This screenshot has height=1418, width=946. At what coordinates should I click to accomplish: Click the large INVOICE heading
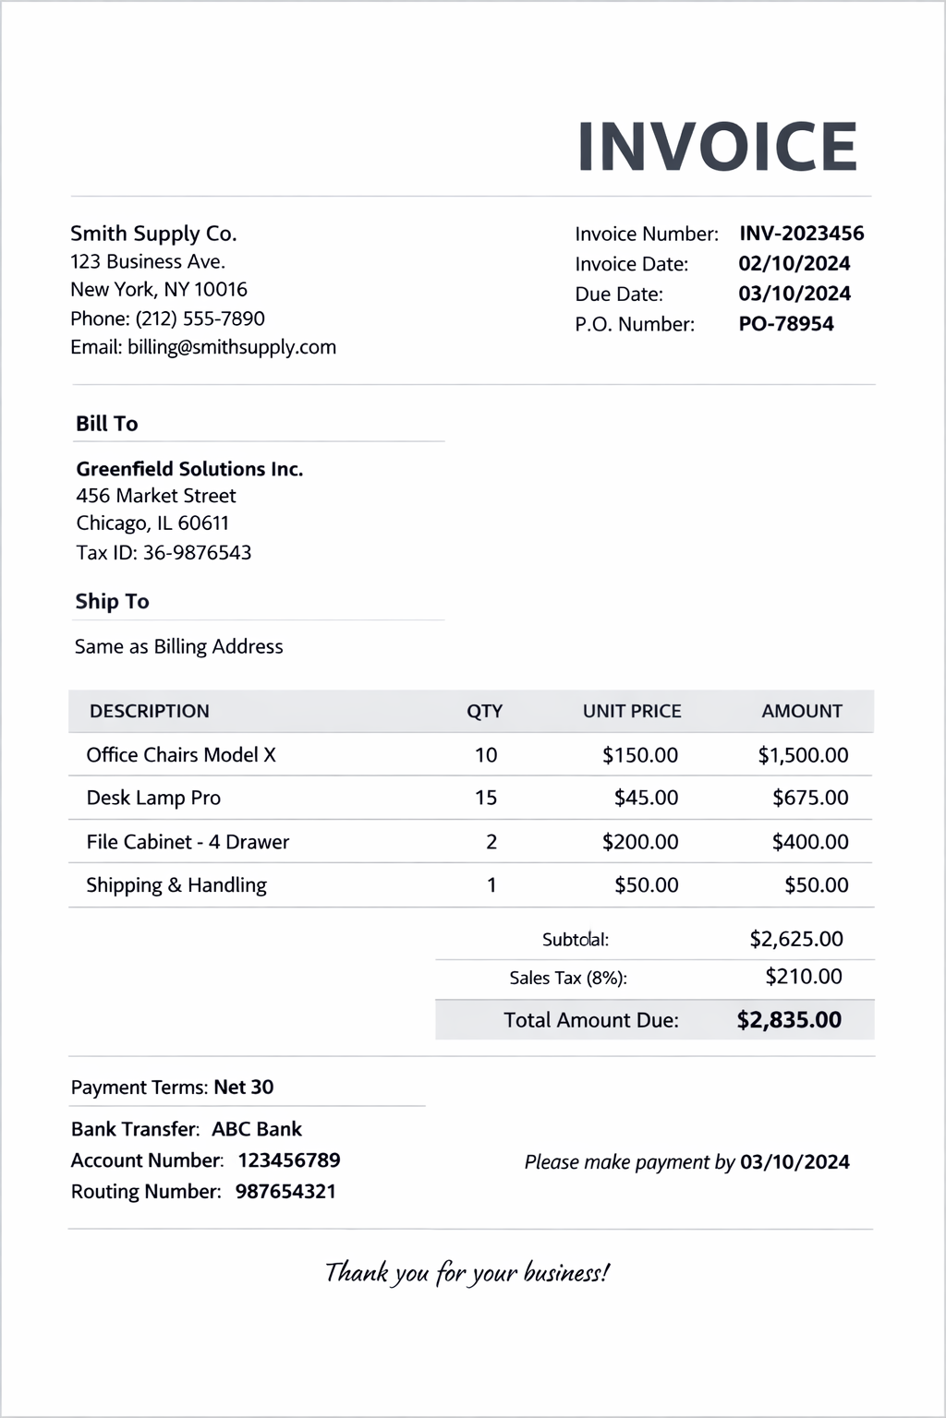[717, 147]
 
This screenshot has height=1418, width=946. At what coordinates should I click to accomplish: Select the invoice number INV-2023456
[801, 234]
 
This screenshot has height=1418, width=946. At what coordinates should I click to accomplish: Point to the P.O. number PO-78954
[785, 324]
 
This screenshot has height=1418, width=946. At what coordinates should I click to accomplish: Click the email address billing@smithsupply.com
[232, 347]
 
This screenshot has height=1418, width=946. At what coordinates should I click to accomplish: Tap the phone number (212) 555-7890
[200, 318]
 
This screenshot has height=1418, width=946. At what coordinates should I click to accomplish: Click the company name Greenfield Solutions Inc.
[189, 469]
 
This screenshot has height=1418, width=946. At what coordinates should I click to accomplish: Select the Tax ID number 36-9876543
[197, 553]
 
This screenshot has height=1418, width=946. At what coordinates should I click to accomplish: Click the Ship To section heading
[112, 602]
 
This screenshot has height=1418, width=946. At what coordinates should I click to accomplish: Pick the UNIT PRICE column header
[632, 711]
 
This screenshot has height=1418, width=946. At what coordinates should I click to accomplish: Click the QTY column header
[484, 711]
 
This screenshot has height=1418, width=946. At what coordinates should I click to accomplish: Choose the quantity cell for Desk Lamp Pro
[486, 798]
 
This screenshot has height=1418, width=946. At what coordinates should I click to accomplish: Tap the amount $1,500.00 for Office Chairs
[803, 755]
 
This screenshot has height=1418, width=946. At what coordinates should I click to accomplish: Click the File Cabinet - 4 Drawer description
[188, 842]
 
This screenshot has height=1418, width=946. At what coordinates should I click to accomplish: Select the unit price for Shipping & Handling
[646, 885]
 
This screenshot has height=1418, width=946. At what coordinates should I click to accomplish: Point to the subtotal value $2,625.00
[795, 939]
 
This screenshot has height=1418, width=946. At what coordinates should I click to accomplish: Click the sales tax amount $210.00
[803, 977]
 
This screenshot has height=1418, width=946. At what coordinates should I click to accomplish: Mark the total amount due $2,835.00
[789, 1020]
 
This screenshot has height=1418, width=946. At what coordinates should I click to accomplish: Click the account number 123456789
[289, 1160]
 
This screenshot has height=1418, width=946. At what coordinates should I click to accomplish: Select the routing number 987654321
[285, 1192]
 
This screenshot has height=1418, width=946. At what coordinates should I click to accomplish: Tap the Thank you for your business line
[467, 1273]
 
